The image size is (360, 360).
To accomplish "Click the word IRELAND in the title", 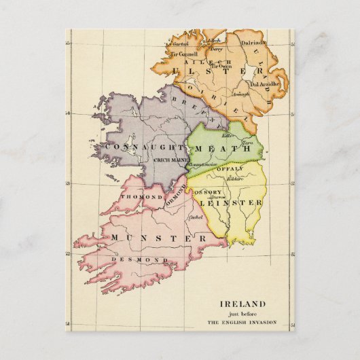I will (x=242, y=304).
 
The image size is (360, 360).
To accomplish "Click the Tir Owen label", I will (x=221, y=67).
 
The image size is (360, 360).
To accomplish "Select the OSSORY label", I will (x=208, y=192).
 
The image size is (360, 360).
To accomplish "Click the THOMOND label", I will (x=137, y=197).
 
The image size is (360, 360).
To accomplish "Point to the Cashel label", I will (x=196, y=217).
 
